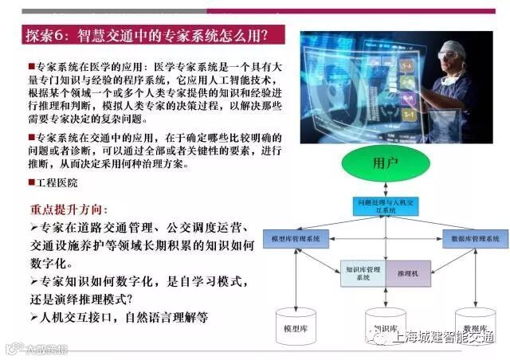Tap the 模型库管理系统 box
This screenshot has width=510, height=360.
click(x=296, y=238)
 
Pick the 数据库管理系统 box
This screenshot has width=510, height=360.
click(x=475, y=238)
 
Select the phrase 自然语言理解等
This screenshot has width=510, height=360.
click(x=167, y=317)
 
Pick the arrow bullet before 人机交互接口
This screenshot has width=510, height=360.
click(x=33, y=317)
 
